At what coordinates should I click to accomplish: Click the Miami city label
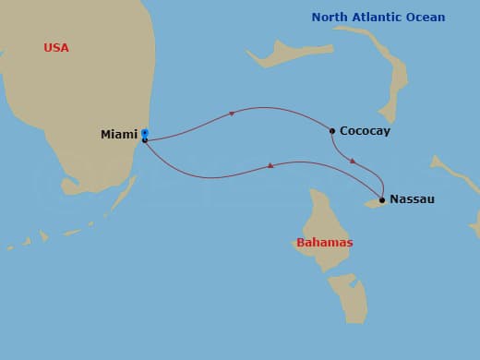[x=118, y=135]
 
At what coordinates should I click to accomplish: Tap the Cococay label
[x=365, y=131]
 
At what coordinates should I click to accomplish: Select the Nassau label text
[x=412, y=199]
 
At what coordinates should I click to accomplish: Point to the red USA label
[x=56, y=48]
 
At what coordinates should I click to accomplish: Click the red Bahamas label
[x=324, y=243]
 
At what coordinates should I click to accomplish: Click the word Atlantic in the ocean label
[x=384, y=18]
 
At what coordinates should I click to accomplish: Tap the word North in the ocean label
[x=331, y=18]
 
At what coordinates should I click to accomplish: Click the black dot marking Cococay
[x=332, y=130]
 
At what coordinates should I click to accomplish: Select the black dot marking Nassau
[x=382, y=199]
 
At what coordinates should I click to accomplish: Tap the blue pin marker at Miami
[x=145, y=134]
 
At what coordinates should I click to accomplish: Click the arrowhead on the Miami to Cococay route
[x=231, y=114]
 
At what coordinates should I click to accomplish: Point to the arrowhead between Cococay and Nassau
[x=353, y=161]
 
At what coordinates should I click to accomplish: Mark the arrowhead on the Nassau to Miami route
[x=270, y=165]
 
